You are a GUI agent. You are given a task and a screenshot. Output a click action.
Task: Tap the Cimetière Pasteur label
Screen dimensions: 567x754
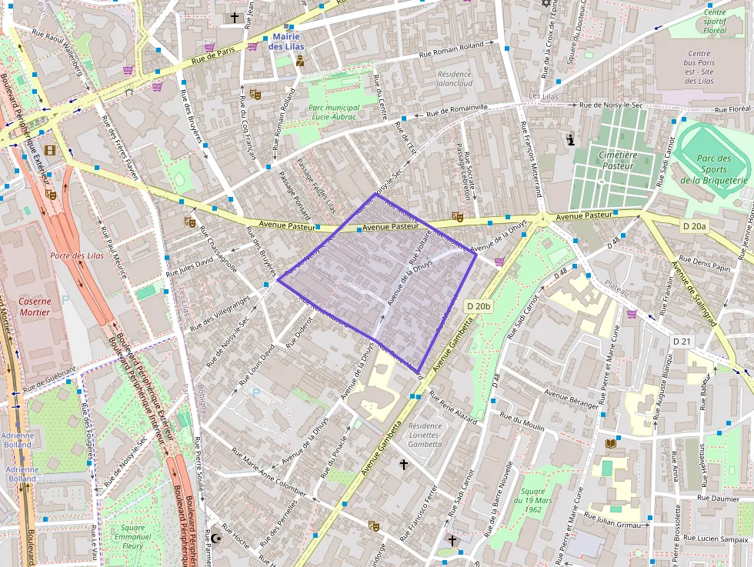point(618,160)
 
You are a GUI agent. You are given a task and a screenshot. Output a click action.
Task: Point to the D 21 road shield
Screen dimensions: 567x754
point(682,341)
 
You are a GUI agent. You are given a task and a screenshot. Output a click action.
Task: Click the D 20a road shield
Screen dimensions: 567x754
point(695,225)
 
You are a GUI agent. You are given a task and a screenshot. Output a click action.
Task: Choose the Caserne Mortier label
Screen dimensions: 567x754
point(35,307)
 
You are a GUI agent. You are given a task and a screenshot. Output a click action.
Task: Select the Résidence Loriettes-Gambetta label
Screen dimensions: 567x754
point(425,435)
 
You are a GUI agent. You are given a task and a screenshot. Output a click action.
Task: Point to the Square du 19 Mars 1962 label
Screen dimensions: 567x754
point(532,500)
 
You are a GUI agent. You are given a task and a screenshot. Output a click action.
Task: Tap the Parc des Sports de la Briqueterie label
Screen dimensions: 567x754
point(714,169)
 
